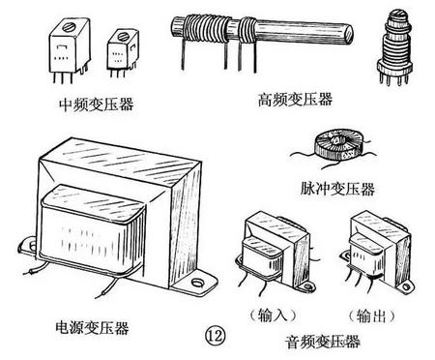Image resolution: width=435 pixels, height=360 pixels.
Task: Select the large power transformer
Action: point(121,218)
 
